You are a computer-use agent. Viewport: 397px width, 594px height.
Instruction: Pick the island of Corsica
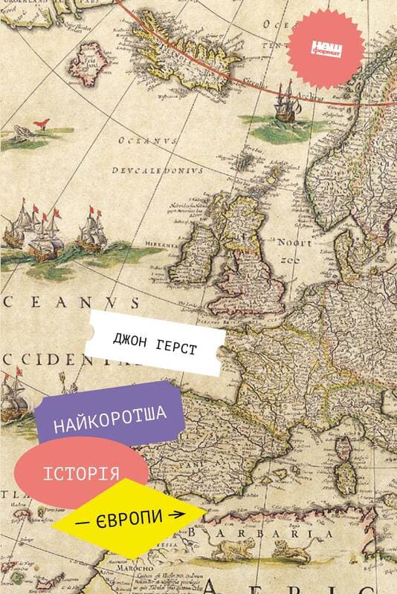point(344,448)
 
